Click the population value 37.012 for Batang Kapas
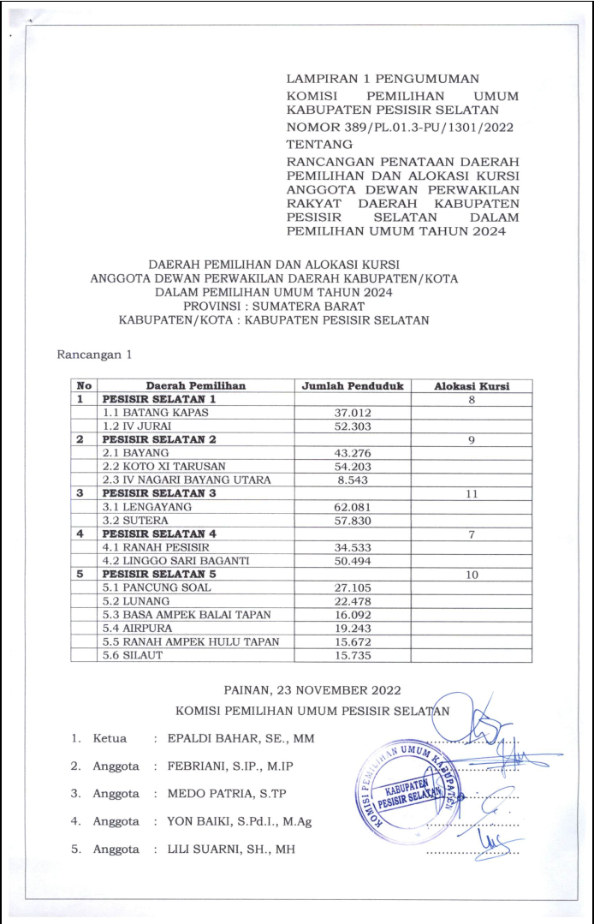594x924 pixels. point(353,412)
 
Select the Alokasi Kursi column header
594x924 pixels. point(471,385)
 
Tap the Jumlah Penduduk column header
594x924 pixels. point(353,385)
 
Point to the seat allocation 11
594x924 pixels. point(471,493)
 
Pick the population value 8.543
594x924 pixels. point(353,480)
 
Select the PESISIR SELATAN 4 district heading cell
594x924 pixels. point(159,534)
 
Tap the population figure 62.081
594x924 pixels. point(353,507)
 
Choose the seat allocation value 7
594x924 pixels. point(471,534)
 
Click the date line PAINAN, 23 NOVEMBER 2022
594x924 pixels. point(312,689)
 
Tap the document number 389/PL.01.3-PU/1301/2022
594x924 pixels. point(401,127)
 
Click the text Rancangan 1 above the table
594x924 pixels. point(94,353)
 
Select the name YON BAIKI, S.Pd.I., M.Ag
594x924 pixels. point(239,821)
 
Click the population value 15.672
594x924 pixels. point(353,641)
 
